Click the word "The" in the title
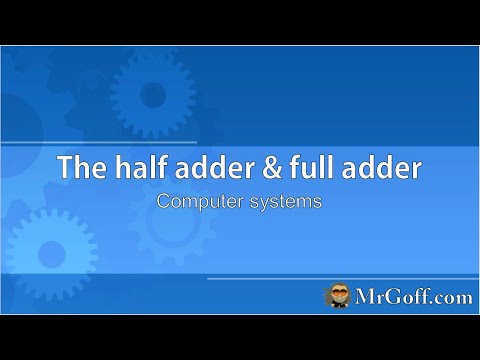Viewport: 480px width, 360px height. [x=82, y=167]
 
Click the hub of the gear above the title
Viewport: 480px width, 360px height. [x=151, y=89]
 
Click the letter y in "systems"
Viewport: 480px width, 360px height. [x=265, y=202]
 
